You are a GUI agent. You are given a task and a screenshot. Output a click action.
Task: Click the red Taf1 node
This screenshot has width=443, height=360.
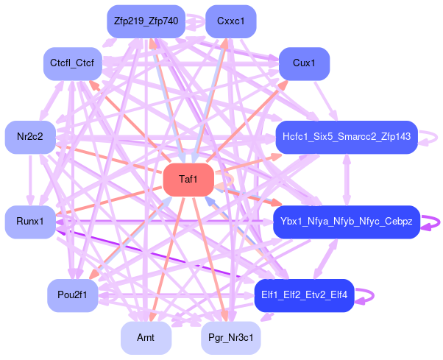click(x=188, y=180)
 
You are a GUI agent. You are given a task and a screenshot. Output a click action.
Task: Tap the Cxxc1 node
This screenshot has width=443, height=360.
click(x=230, y=21)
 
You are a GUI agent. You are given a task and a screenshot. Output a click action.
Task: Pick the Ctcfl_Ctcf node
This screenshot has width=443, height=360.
click(x=72, y=63)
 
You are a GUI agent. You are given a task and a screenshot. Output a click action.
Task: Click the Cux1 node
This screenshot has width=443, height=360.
click(x=304, y=63)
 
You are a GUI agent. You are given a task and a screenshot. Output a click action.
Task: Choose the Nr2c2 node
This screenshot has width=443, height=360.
click(x=30, y=137)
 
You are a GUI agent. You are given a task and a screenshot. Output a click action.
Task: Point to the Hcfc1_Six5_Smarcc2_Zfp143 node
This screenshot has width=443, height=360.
click(x=346, y=137)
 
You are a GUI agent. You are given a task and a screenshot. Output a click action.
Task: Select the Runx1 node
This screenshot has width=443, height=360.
click(x=30, y=222)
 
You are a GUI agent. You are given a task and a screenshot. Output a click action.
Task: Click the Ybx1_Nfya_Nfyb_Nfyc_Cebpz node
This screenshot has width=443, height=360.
click(x=346, y=222)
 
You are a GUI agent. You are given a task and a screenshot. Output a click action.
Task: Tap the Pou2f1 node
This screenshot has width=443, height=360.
click(x=72, y=295)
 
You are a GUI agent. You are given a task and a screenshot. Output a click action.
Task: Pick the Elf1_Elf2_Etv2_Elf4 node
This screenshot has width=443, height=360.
click(x=304, y=295)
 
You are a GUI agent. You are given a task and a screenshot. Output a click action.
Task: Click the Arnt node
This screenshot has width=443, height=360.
click(x=146, y=338)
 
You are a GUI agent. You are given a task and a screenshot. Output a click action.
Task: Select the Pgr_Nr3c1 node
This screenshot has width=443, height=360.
click(x=230, y=338)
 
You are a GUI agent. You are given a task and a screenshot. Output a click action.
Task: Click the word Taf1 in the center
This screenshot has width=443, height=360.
click(x=188, y=180)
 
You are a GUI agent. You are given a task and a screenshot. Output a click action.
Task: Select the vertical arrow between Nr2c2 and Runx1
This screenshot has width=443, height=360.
click(x=30, y=180)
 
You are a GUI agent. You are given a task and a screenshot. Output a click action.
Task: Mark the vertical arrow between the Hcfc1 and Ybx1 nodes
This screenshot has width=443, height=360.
click(x=346, y=180)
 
